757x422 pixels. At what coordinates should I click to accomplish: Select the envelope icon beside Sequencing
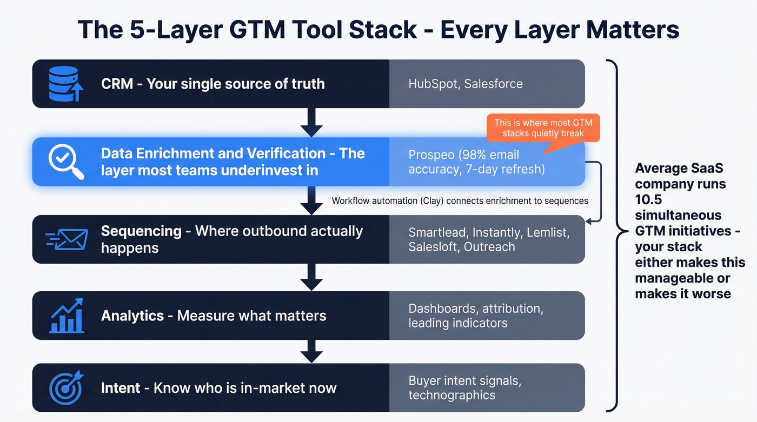[x=67, y=239]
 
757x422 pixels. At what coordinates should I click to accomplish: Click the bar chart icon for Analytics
[x=66, y=316]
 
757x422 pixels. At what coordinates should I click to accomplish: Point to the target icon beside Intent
[x=66, y=387]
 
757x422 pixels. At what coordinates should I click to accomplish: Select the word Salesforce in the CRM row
[x=494, y=84]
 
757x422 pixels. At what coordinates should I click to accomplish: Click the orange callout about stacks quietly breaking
[x=543, y=128]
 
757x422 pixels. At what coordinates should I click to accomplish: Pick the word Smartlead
[x=437, y=232]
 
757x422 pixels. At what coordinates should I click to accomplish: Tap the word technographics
[x=451, y=395]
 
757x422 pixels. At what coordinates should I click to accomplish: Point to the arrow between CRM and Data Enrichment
[x=311, y=123]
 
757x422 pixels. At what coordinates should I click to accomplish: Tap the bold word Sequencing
[x=141, y=231]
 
